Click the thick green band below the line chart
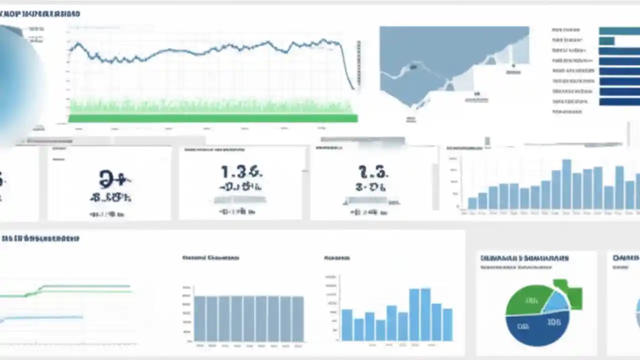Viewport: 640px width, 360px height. pos(212,118)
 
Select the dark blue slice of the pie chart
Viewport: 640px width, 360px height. pos(535,330)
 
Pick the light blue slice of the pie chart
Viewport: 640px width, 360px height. pos(555,302)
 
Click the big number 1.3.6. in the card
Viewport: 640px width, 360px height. pos(241,172)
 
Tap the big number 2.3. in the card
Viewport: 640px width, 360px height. pos(373,173)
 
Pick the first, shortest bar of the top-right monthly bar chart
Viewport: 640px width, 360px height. pos(472,202)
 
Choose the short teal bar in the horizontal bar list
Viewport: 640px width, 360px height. pos(606,41)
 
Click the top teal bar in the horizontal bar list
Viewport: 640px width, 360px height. pos(619,31)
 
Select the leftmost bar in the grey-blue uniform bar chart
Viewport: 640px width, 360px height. pos(199,318)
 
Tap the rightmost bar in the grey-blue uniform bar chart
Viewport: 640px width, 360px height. pos(297,318)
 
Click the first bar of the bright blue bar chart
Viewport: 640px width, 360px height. pos(346,324)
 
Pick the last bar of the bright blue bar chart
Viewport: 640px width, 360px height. pos(447,324)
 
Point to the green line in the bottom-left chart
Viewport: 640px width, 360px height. pos(85,287)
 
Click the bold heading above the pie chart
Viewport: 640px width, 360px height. pos(524,258)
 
